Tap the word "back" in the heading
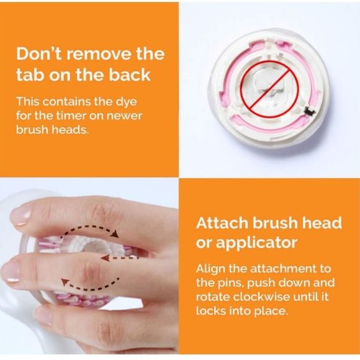(x=130, y=75)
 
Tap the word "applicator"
(x=256, y=243)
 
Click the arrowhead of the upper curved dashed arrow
(x=115, y=234)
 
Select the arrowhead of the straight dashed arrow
(x=105, y=258)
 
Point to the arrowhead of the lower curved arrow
(x=65, y=281)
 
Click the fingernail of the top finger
(x=21, y=215)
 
